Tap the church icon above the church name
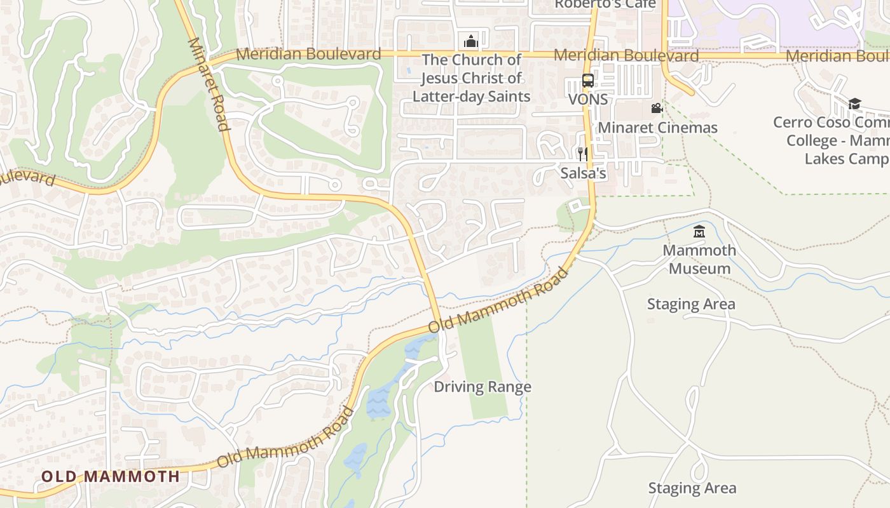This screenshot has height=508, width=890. pos(470,42)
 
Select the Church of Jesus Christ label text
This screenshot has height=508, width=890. pos(471,78)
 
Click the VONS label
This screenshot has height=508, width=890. pos(587,100)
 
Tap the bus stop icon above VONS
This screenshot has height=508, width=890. pos(588,81)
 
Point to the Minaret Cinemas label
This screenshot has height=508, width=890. pos(657,128)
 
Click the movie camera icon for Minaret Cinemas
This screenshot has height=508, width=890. pos(657,109)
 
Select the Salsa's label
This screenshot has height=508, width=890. pos(583,173)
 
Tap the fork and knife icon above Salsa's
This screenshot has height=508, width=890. pos(582,154)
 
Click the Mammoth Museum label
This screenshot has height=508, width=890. pos(699,259)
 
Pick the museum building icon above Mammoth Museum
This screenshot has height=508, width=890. pos(699,232)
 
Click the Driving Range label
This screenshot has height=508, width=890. pos(483,387)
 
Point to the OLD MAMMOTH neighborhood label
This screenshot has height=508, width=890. pos(111,476)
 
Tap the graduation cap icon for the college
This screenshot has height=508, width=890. pos(854,104)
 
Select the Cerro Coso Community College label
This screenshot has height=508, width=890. pos(833,140)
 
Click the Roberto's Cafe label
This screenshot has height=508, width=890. pos(605,4)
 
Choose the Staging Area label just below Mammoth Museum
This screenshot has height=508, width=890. pos(691,304)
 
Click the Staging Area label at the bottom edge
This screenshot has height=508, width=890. pos(692,488)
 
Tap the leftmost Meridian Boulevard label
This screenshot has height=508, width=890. pos(308,54)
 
